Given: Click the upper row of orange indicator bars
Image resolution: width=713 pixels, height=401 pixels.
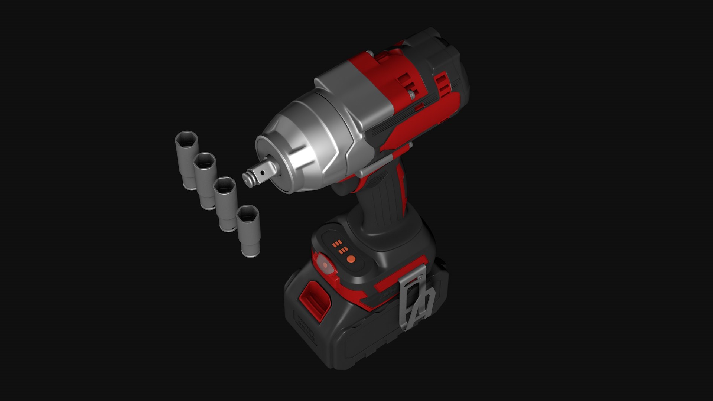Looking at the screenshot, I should [x=336, y=244].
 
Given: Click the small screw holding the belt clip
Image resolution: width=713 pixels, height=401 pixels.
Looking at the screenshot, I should [x=420, y=277].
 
